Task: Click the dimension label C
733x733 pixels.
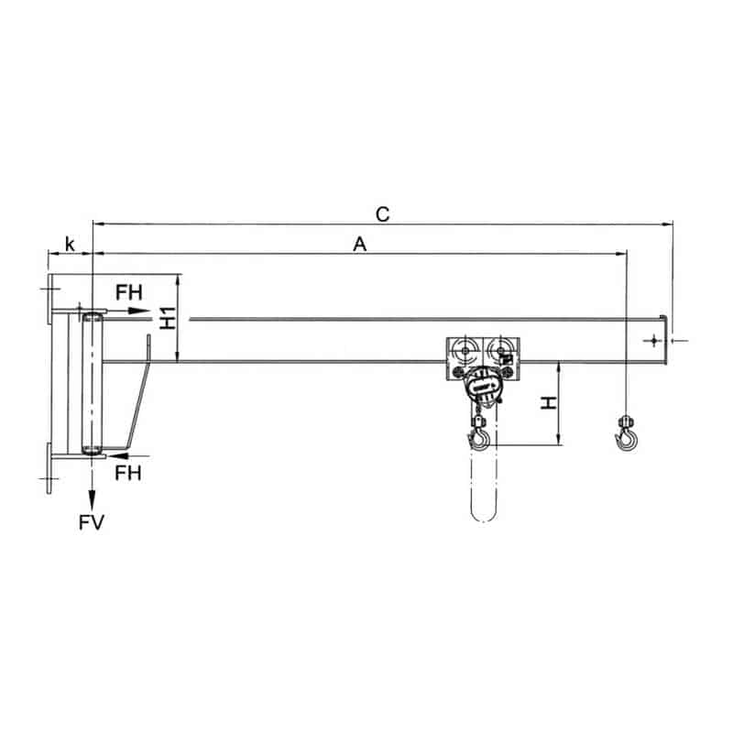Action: coord(382,214)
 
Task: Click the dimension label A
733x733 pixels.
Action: coord(359,244)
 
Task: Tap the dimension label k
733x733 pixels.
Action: coord(70,244)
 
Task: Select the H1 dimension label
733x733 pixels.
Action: coord(168,318)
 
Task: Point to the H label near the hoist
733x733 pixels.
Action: coord(548,403)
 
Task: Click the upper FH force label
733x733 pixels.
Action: coord(129,292)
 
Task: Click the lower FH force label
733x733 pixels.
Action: coord(128,473)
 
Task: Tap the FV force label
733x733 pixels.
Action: coord(91,522)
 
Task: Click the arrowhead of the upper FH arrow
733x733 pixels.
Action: coord(138,311)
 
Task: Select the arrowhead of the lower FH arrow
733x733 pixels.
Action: coord(116,454)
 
